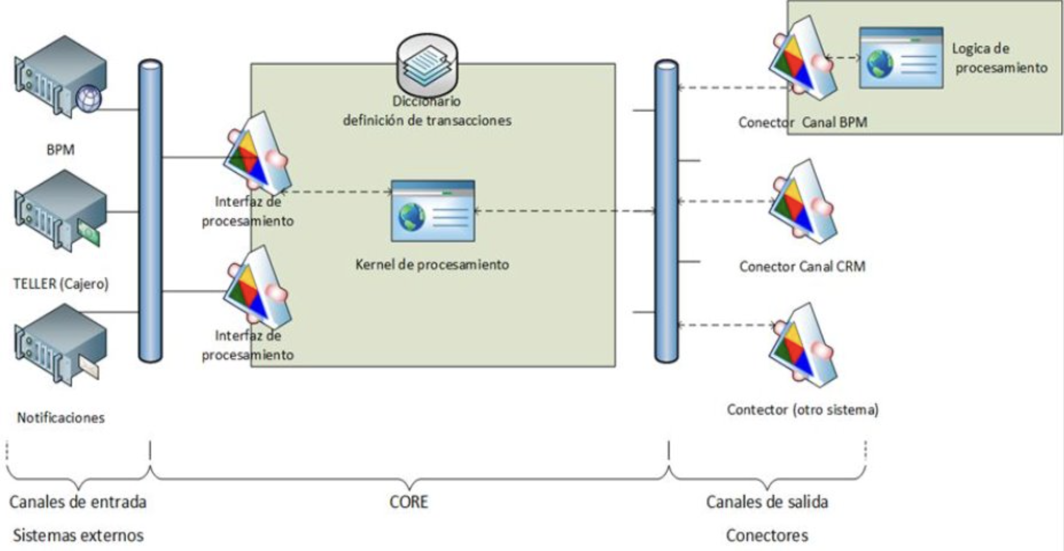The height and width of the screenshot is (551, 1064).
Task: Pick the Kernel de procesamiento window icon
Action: [x=433, y=211]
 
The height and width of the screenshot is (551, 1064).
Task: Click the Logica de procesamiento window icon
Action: [x=901, y=58]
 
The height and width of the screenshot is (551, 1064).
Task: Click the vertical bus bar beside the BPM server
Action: [x=150, y=211]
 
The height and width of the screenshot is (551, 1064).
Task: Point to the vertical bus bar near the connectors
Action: [x=667, y=211]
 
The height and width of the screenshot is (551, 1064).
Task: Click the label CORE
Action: [x=408, y=501]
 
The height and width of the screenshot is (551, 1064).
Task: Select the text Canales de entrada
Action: [x=78, y=501]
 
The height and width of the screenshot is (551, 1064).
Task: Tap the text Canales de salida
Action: [x=767, y=501]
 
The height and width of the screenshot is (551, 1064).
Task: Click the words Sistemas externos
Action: [x=78, y=535]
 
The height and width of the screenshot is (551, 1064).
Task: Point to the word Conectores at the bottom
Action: [x=767, y=535]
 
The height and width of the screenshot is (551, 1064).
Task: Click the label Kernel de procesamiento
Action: [x=432, y=264]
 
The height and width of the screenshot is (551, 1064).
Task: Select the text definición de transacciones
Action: [x=427, y=120]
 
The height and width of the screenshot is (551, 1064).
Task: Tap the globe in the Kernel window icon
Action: [x=412, y=217]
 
